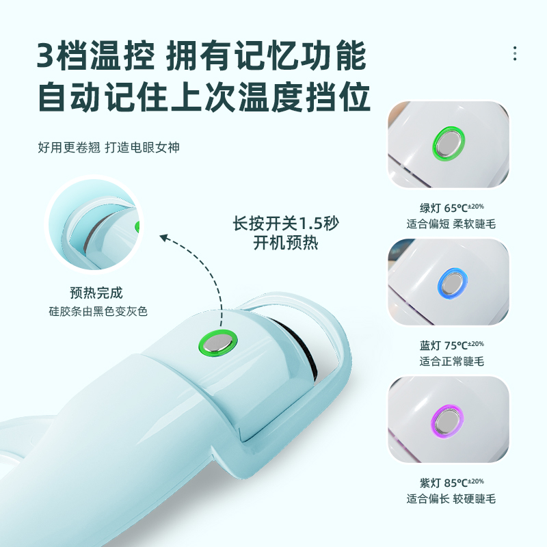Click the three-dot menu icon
[515, 53]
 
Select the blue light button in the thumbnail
[453, 283]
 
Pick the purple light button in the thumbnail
[447, 421]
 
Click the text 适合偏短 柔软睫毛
[451, 224]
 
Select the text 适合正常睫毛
[452, 362]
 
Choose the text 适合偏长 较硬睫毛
[451, 499]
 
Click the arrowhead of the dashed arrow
[165, 238]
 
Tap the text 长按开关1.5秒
[286, 224]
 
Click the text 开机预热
[286, 243]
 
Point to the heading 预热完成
[96, 293]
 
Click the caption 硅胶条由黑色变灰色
[98, 311]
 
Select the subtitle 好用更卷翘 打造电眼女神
[109, 148]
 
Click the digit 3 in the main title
[46, 56]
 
